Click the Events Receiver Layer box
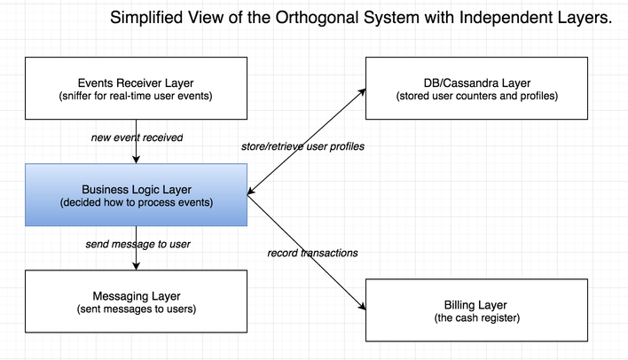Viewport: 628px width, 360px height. click(137, 88)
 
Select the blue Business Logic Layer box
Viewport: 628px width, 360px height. click(137, 194)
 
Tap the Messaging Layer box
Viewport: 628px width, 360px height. click(137, 301)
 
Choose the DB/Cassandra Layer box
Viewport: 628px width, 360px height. click(476, 88)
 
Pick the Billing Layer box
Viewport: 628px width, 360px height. click(476, 310)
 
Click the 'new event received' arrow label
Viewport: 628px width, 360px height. click(137, 137)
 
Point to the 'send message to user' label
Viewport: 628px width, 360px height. click(137, 244)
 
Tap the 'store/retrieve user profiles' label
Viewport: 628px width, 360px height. click(302, 146)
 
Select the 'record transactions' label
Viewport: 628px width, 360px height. click(312, 253)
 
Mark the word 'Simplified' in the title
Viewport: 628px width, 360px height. click(146, 18)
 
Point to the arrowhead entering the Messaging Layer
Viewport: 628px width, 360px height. click(137, 266)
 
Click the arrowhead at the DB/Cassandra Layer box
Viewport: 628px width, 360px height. click(362, 92)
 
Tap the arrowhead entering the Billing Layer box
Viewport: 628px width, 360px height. click(362, 306)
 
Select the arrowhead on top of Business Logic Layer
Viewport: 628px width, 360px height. click(137, 160)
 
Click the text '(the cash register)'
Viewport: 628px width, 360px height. click(477, 318)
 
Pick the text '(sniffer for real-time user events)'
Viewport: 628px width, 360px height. click(136, 96)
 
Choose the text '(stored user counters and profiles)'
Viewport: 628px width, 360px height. click(477, 96)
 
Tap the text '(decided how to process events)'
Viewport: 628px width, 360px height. click(137, 203)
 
